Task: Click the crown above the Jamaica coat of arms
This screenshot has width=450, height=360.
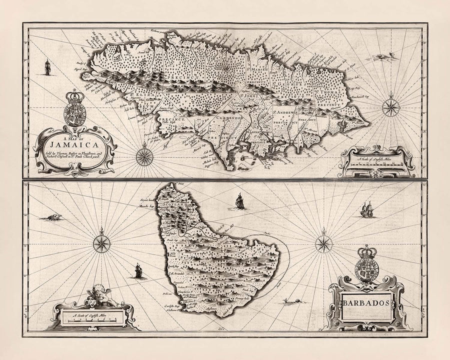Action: click(75, 95)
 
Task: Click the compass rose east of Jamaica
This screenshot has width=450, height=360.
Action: click(390, 106)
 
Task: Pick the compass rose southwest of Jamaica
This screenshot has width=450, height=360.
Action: click(144, 157)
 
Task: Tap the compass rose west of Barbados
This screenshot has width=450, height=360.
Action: click(101, 243)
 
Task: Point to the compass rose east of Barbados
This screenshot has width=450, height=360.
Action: click(324, 244)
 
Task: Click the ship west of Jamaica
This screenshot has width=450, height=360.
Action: click(47, 67)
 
